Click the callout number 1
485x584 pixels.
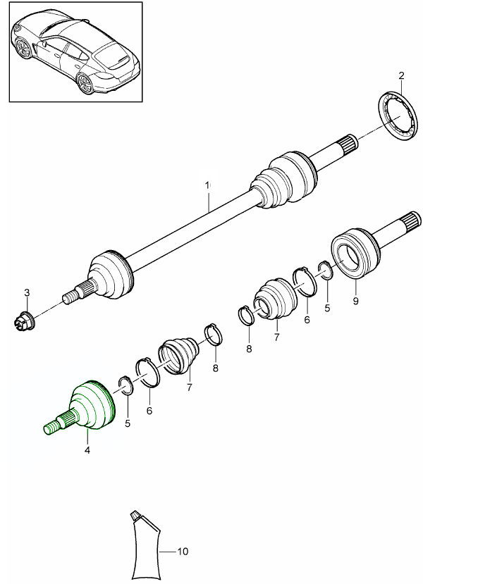coord(208,185)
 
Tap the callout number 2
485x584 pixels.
coord(401,75)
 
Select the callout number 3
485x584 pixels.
coord(27,292)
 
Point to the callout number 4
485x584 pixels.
coord(87,450)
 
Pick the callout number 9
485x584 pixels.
coord(355,301)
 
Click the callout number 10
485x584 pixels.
coord(183,552)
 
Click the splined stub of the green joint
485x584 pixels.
coord(55,425)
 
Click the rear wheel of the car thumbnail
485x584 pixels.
coord(85,84)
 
